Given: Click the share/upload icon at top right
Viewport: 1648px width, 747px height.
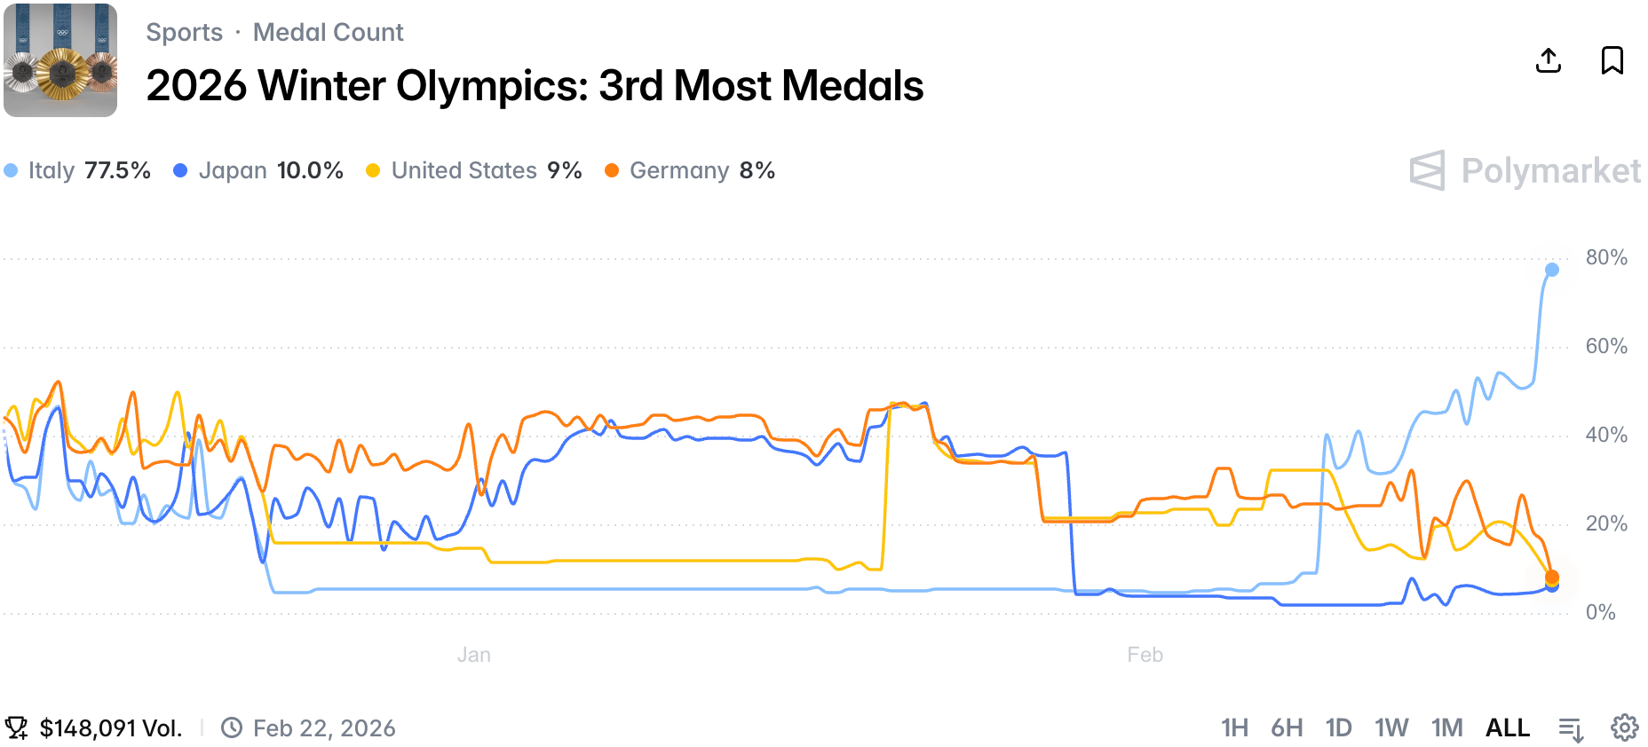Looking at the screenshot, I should point(1549,60).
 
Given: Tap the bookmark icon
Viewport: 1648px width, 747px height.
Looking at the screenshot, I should point(1612,60).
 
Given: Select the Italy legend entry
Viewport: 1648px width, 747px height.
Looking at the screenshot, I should point(78,170).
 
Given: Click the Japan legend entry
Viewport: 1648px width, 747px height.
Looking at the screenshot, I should point(259,170).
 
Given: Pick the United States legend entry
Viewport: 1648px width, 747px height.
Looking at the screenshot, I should point(474,170).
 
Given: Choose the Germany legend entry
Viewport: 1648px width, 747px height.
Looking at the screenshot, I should point(690,170).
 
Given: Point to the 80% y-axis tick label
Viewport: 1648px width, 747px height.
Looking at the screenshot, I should point(1606,258).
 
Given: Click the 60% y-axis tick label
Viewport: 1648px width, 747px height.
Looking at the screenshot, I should point(1606,346).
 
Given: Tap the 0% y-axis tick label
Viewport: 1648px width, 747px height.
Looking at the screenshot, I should point(1600,612).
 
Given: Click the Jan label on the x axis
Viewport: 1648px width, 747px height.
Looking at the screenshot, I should point(474,655).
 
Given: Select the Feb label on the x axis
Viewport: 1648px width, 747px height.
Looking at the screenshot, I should point(1145,655).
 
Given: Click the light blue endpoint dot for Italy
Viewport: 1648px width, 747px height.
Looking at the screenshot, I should point(1552,270).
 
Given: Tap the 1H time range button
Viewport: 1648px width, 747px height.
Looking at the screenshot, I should point(1234,728).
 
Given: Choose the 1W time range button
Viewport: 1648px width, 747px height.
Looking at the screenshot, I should point(1391,728).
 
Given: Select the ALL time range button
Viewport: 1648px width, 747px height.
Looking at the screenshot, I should point(1508,728).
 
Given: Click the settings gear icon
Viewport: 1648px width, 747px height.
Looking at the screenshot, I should point(1625,728).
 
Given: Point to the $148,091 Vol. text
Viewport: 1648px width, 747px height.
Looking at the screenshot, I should point(110,728).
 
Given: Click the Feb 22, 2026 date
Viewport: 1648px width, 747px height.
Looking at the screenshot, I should point(324,728).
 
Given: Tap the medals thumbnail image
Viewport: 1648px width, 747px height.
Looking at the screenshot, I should point(60,60).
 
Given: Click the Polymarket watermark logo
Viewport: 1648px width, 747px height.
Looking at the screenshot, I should point(1525,170).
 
